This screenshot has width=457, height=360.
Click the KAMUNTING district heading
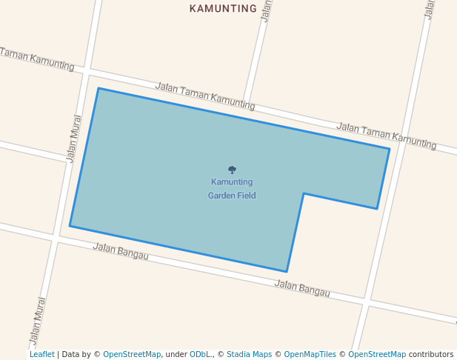click(223, 9)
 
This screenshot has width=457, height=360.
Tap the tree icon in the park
click(232, 170)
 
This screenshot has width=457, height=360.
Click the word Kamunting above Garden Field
click(232, 182)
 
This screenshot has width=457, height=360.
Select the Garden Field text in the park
click(232, 196)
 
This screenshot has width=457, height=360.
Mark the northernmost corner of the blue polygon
click(99, 89)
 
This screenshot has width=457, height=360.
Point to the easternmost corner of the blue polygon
click(390, 149)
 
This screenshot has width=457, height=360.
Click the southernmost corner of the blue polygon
click(287, 272)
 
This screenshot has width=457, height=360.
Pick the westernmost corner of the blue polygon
click(70, 226)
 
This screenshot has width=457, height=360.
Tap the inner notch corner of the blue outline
click(304, 193)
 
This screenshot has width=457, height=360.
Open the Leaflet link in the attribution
click(42, 354)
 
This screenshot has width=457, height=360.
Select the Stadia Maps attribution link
click(249, 354)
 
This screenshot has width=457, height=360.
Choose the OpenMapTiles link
click(310, 354)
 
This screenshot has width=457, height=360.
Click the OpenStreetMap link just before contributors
click(377, 354)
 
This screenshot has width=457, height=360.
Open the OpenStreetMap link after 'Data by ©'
click(132, 354)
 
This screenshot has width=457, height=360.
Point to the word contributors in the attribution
click(431, 354)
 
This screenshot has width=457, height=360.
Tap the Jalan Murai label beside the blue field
click(73, 138)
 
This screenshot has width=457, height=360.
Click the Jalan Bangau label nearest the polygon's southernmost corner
click(302, 288)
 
